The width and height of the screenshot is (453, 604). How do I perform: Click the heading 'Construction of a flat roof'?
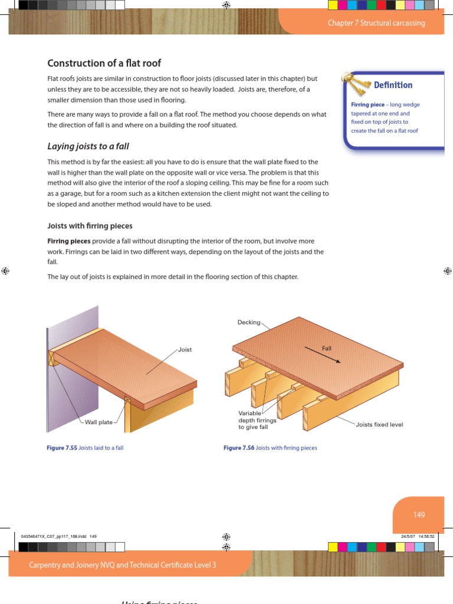[104, 63]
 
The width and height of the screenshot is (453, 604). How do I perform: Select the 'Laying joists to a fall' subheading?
[88, 146]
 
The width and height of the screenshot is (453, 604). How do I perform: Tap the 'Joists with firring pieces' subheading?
[90, 226]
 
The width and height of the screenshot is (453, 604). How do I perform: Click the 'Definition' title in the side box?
[393, 85]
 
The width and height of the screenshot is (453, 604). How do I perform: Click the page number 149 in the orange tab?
[419, 515]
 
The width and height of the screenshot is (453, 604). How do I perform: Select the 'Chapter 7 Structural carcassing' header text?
[376, 23]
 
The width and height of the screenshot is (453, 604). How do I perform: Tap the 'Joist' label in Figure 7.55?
[185, 350]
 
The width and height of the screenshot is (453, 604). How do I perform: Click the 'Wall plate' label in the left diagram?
[99, 422]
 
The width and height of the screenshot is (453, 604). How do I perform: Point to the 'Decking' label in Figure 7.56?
[248, 322]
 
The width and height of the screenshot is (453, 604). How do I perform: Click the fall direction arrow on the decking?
[322, 355]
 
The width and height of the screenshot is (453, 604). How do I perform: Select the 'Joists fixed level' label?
[379, 424]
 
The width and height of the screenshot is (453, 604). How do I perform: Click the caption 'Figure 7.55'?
[62, 448]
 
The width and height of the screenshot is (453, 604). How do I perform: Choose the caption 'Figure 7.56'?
[239, 448]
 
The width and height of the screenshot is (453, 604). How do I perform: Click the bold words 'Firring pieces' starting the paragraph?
[68, 241]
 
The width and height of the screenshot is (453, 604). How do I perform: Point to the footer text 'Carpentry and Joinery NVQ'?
[123, 565]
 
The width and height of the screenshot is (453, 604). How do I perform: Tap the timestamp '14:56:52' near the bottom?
[426, 536]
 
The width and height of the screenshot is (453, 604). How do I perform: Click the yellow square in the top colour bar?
[332, 5]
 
